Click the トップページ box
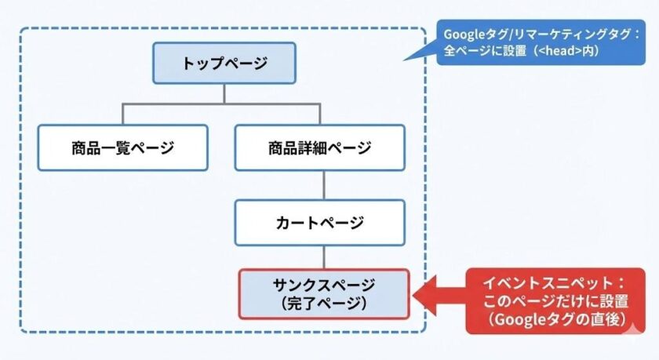pos(224,64)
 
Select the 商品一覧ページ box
pos(123,147)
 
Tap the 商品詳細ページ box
pos(319,147)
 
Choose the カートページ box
pos(319,223)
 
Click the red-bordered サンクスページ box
pos(323,293)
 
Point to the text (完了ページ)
pos(324,302)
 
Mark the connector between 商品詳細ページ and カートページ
pos(324,185)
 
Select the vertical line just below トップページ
pos(224,93)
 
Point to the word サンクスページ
pos(324,285)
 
